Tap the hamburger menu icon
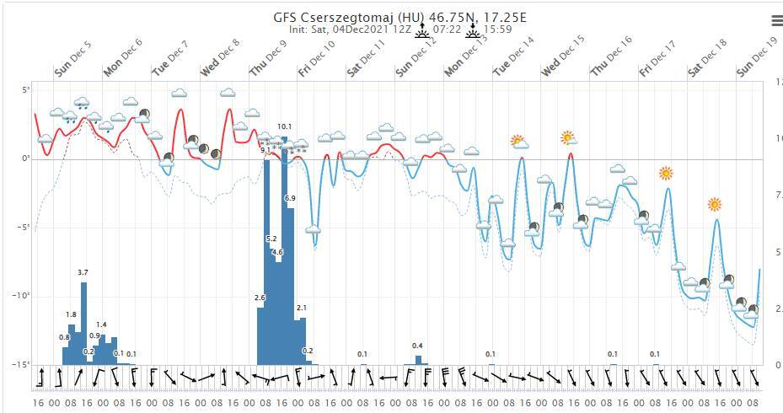pos(776,20)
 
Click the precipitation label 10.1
pos(284,126)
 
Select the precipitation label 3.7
pos(83,272)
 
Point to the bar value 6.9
pos(290,198)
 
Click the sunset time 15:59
pos(497,29)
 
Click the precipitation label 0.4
pos(417,346)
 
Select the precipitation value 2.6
pos(260,298)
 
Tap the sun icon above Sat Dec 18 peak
pos(715,204)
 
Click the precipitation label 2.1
pos(302,308)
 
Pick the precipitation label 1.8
pos(71,315)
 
